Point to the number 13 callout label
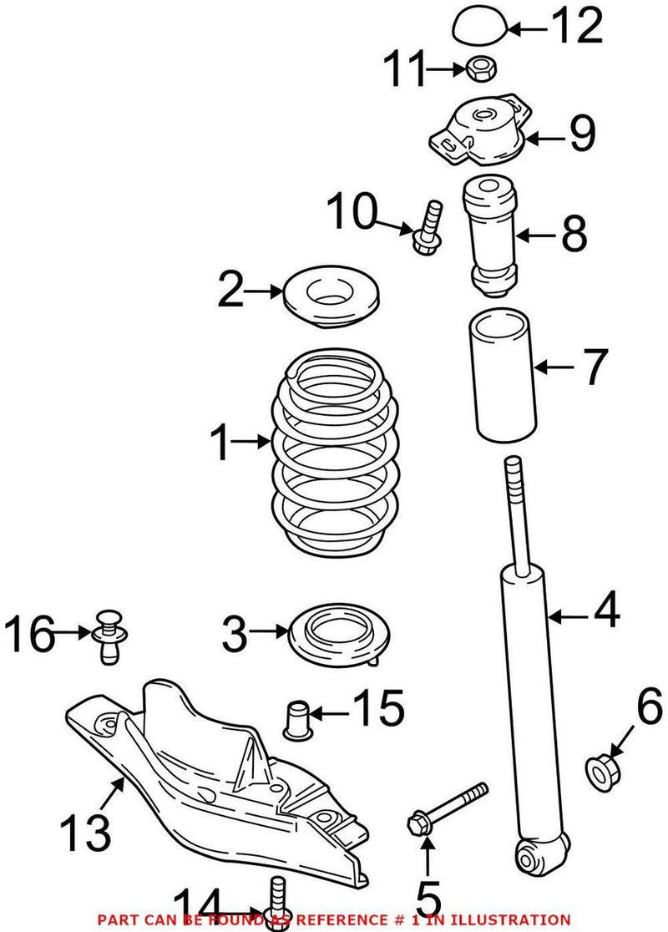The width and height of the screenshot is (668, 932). [86, 831]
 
